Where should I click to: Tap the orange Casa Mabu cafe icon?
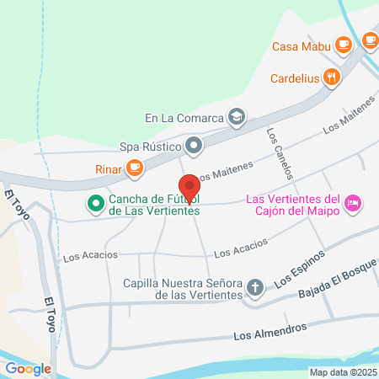point(342,45)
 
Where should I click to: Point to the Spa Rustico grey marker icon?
point(195,147)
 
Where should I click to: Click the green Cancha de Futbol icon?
point(95,203)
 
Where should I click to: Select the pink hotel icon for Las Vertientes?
point(354,203)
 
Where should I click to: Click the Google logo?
point(28,368)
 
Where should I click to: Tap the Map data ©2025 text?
point(343,371)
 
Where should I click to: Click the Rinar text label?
point(107,169)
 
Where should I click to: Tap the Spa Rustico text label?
point(149,147)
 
